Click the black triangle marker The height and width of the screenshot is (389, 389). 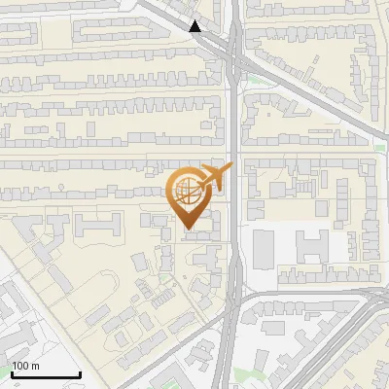pos(196,26)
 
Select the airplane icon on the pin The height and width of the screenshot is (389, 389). pos(213,178)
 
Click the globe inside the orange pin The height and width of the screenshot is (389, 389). pos(186,192)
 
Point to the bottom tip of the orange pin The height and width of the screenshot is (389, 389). pos(188,230)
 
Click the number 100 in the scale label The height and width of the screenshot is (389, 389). pos(20,366)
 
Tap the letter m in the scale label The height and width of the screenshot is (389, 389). pos(37,366)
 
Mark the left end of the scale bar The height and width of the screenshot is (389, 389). pos(12,374)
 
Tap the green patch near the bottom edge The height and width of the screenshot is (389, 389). pos(256,374)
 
